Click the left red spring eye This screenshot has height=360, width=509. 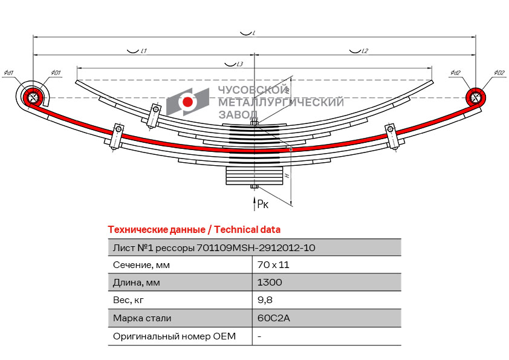point(32,97)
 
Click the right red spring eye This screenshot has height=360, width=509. point(476,97)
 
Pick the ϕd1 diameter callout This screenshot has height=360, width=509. point(9,73)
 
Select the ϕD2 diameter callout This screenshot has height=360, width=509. point(499,73)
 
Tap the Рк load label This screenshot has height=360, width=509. point(263,205)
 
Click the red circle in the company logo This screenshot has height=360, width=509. point(188,102)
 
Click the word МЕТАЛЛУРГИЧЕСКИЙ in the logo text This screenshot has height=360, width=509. point(280,102)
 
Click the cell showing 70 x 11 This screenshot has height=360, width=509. point(273,265)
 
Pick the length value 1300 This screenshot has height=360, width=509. point(270,283)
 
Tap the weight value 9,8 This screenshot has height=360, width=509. point(264,300)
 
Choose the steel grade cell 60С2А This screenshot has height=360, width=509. point(274,318)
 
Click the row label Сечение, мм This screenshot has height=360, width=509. point(141,265)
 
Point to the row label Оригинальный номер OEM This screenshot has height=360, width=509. point(174,336)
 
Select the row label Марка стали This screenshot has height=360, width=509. point(142,318)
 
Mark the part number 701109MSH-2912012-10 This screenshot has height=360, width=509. point(256,247)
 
